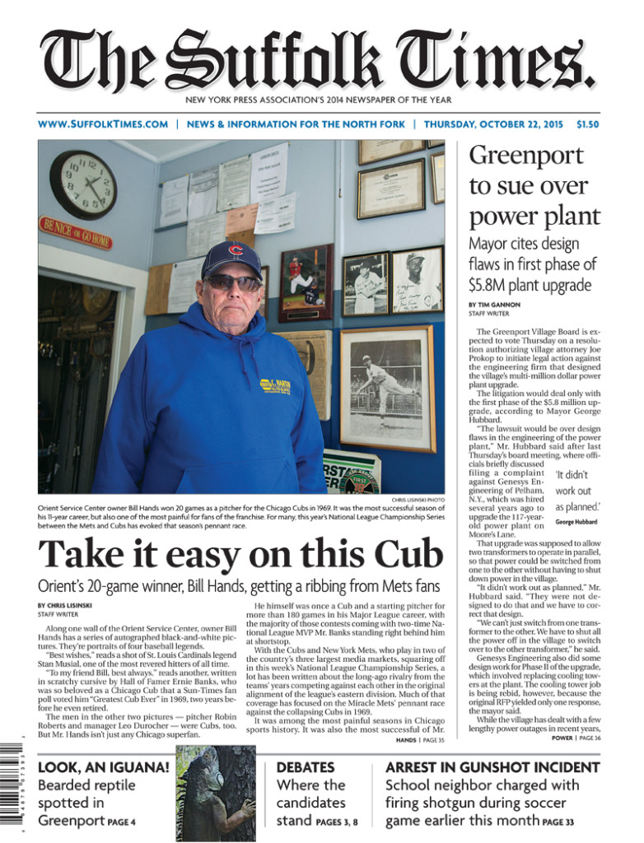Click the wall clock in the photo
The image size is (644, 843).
(x=83, y=184)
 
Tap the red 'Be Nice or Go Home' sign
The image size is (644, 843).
(x=75, y=233)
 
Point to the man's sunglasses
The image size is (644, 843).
(x=232, y=282)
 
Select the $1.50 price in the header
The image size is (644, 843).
(x=588, y=124)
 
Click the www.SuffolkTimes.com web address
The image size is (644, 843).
(x=103, y=124)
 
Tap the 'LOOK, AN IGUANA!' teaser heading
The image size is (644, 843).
(x=104, y=767)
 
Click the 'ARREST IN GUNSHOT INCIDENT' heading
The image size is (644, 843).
(x=492, y=767)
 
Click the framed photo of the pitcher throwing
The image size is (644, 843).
(x=387, y=389)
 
